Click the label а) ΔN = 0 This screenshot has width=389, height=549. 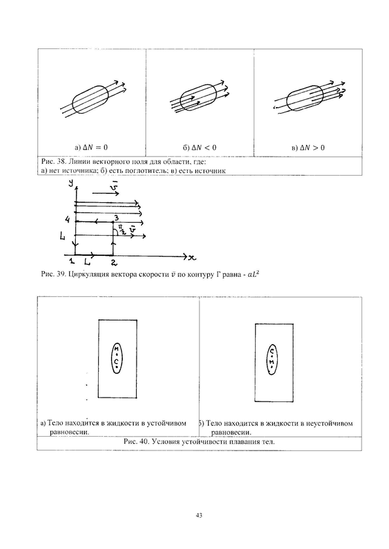tap(91, 148)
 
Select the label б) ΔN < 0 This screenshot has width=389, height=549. tap(199, 148)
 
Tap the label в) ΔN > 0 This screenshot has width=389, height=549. tap(309, 148)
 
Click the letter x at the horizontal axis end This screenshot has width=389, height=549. tap(192, 258)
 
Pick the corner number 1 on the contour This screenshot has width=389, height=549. tap(71, 261)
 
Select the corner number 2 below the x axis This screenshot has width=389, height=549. tap(114, 262)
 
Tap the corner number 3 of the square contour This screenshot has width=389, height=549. tap(116, 217)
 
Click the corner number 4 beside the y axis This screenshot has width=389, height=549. tap(68, 220)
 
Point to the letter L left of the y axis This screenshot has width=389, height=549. tap(63, 237)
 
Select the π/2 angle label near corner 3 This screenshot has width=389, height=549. tap(120, 230)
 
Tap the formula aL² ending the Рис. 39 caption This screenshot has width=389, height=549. tap(254, 274)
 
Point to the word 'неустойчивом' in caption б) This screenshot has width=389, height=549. tap(330, 423)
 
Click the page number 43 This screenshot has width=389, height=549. tap(199, 516)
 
